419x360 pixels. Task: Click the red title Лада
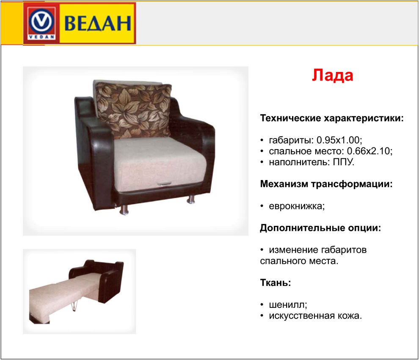click(332, 75)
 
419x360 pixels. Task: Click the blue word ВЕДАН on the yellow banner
click(98, 23)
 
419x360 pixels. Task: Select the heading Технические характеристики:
click(332, 118)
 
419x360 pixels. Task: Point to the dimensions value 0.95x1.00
click(339, 140)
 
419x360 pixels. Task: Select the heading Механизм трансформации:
click(326, 184)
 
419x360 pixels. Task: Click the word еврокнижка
click(296, 206)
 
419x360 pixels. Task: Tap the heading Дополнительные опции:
click(320, 228)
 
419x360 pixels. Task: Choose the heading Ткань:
click(276, 282)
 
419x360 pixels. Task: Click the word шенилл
click(287, 305)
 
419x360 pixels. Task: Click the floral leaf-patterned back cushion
click(134, 110)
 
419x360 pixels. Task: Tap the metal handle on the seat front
click(164, 184)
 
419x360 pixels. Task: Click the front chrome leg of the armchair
click(124, 209)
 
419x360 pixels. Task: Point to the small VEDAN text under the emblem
click(41, 37)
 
